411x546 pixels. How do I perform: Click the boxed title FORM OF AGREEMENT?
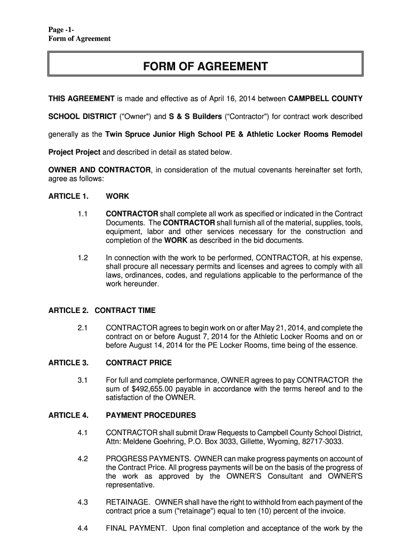pyautogui.click(x=205, y=67)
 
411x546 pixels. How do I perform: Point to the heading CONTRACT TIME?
pyautogui.click(x=125, y=310)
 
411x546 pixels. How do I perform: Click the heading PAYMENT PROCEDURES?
pyautogui.click(x=151, y=415)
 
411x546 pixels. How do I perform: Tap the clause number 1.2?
pyautogui.click(x=82, y=259)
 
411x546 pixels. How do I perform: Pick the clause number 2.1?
pyautogui.click(x=82, y=327)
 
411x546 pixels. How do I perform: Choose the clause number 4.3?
pyautogui.click(x=82, y=502)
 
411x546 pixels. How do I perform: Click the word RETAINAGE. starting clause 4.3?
pyautogui.click(x=128, y=502)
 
